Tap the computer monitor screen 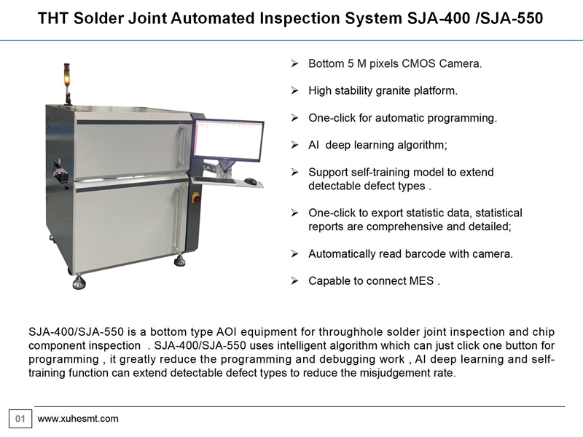228,139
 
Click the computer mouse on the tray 251,181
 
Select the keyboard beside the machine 215,180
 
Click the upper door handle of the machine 181,146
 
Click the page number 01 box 20,419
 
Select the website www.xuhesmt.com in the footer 78,419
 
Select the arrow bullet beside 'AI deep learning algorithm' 295,145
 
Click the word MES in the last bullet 421,280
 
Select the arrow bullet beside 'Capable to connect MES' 295,281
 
